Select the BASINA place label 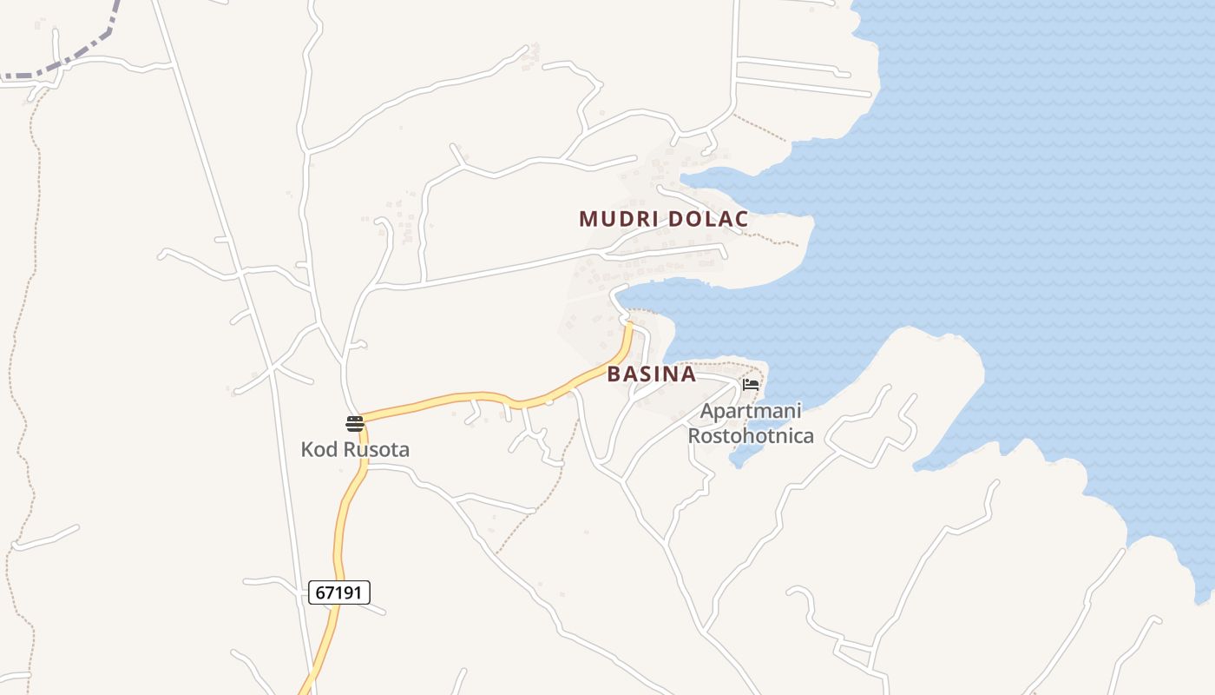[x=652, y=374]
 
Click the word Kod [x=318, y=450]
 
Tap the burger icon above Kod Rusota [x=355, y=424]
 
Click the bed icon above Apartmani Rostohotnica [x=751, y=384]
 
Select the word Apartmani [x=751, y=411]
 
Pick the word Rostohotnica [x=751, y=435]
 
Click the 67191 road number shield [x=339, y=593]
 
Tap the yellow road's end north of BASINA [x=630, y=328]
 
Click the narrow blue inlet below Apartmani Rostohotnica [x=739, y=458]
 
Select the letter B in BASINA [x=614, y=374]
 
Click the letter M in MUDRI [x=588, y=219]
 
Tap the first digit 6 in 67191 [x=320, y=593]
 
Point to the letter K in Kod [x=306, y=450]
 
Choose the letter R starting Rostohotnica [x=694, y=435]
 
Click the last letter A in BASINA [x=688, y=374]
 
